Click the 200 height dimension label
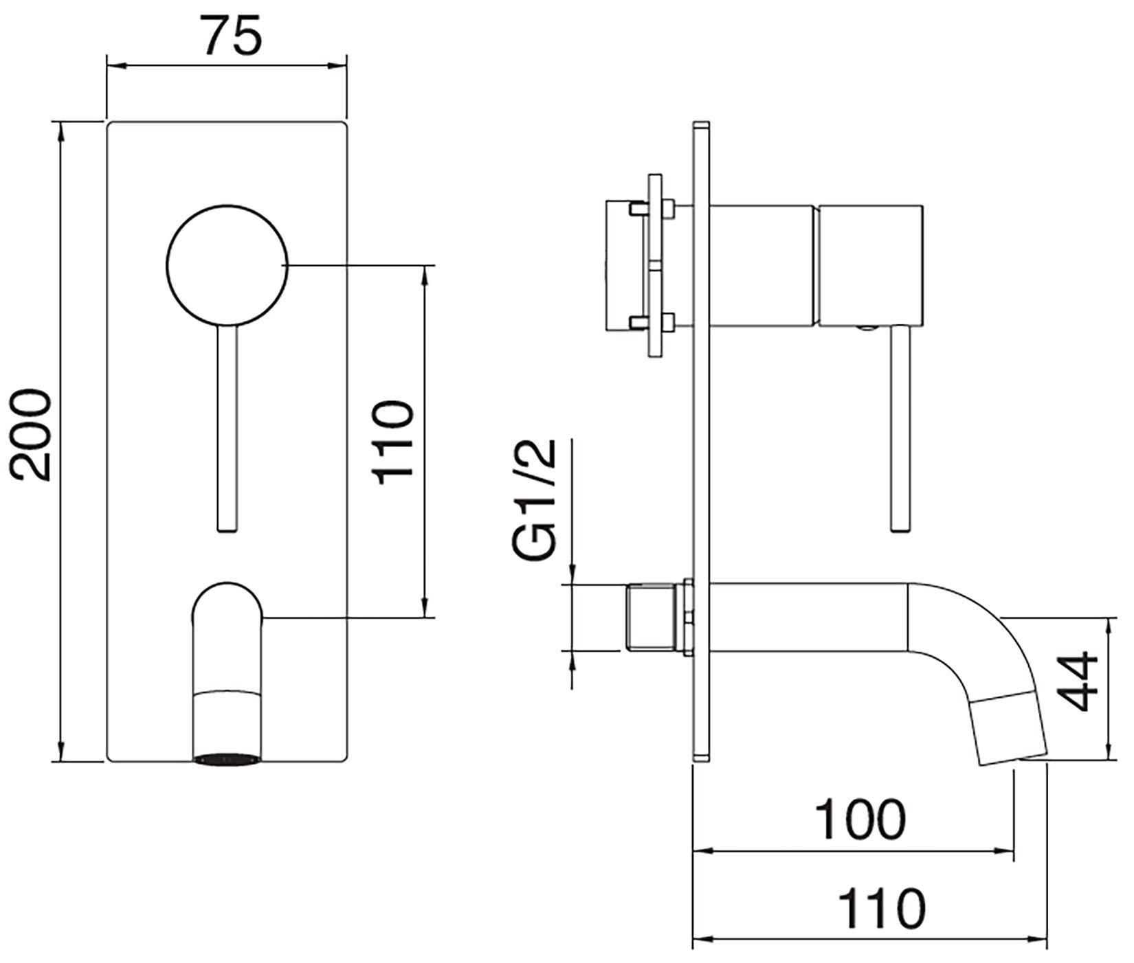click(x=32, y=435)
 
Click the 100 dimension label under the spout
click(x=860, y=819)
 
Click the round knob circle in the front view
click(x=227, y=264)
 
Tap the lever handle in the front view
click(x=227, y=426)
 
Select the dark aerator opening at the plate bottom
click(x=227, y=759)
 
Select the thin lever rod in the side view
click(x=900, y=426)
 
